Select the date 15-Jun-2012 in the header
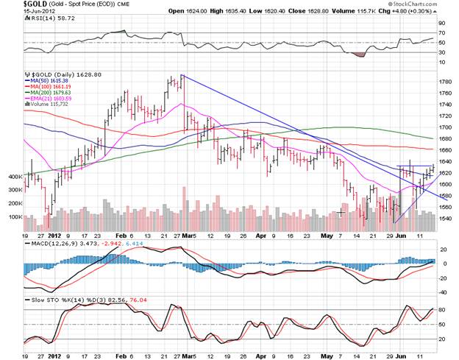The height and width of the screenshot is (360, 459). tap(19, 13)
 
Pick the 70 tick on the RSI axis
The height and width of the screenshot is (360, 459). tap(444, 34)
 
